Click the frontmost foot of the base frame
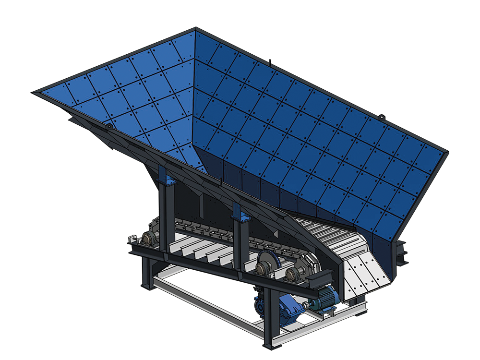pos(269,345)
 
